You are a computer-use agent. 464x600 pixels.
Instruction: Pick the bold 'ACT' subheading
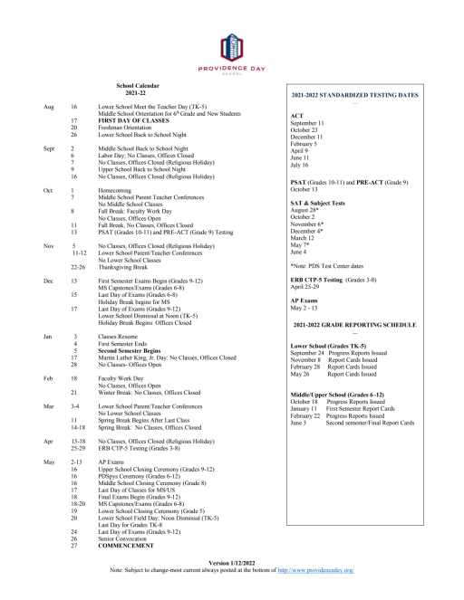[x=295, y=116]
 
